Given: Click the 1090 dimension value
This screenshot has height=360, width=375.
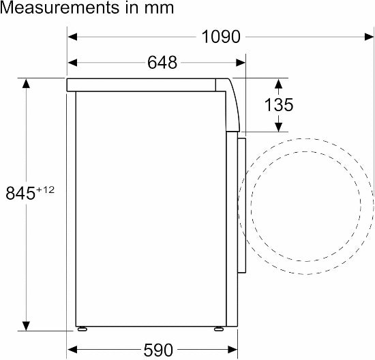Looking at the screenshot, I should click(221, 37).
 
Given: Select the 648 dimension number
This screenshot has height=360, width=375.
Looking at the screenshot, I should click(162, 63).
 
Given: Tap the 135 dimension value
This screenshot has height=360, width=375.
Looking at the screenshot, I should click(280, 105).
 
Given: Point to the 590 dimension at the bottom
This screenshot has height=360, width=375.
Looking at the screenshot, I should click(157, 350).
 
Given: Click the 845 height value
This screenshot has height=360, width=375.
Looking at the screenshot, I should click(20, 193).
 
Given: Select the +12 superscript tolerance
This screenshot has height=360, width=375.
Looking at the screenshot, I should click(45, 189).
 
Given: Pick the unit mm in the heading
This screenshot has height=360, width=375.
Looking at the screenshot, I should click(160, 8).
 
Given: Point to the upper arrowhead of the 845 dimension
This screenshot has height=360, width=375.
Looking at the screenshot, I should click(26, 83).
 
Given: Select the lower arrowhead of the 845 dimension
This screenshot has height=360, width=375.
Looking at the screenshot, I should click(26, 325).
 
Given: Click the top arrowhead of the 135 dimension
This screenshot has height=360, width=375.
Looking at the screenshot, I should click(278, 83).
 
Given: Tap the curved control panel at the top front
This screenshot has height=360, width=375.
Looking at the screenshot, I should click(232, 102).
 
